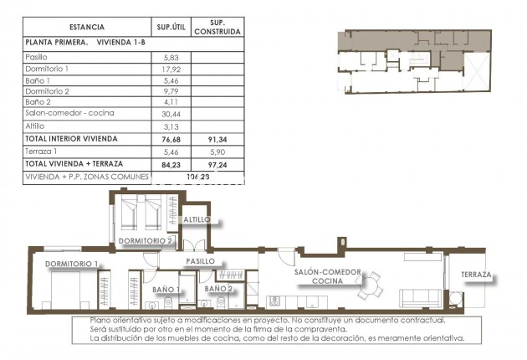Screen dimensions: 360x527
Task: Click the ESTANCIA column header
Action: tap(81, 27)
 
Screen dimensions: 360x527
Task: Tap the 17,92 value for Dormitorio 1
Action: tap(170, 68)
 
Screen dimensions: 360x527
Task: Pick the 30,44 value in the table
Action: tap(170, 112)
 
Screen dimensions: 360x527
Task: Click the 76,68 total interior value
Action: tap(170, 139)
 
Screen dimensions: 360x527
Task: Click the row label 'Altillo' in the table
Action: tap(38, 126)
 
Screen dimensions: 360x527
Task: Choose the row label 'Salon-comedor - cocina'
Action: tap(69, 112)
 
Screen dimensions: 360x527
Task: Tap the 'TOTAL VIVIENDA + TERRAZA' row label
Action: tap(74, 165)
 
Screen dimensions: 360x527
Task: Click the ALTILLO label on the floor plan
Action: tap(198, 219)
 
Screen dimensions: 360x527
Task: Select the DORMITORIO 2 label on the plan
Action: tap(145, 241)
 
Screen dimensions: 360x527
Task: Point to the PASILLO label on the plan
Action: tap(201, 261)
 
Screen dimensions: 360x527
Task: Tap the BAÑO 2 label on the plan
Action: tap(218, 289)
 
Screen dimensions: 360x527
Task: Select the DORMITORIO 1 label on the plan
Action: tap(72, 265)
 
